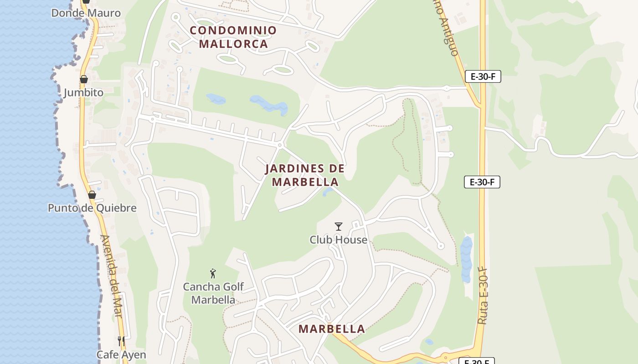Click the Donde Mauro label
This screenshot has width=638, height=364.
pyautogui.click(x=86, y=13)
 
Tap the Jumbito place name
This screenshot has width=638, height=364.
pyautogui.click(x=83, y=93)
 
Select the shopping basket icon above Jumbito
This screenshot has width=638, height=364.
pyautogui.click(x=84, y=79)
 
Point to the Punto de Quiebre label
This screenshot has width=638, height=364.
pyautogui.click(x=92, y=208)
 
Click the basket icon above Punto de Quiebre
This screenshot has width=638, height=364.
pyautogui.click(x=92, y=195)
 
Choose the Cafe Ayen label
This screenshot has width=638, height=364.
pyautogui.click(x=121, y=354)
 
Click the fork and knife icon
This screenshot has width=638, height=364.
pyautogui.click(x=121, y=341)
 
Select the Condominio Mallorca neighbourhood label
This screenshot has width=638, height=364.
pyautogui.click(x=233, y=37)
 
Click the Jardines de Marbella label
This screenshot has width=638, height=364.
pyautogui.click(x=305, y=175)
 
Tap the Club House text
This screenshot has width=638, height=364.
pyautogui.click(x=338, y=239)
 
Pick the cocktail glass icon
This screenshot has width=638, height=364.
pyautogui.click(x=338, y=226)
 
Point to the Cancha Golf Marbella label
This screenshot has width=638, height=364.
pyautogui.click(x=213, y=293)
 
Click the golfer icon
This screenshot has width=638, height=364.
pyautogui.click(x=213, y=273)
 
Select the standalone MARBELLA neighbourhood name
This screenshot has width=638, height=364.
pyautogui.click(x=332, y=329)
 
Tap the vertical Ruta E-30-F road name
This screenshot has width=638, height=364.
pyautogui.click(x=483, y=296)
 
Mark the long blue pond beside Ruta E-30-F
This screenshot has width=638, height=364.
pyautogui.click(x=466, y=259)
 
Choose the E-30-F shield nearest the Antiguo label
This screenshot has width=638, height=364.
pyautogui.click(x=483, y=76)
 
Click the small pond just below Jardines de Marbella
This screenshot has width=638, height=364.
pyautogui.click(x=327, y=192)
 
